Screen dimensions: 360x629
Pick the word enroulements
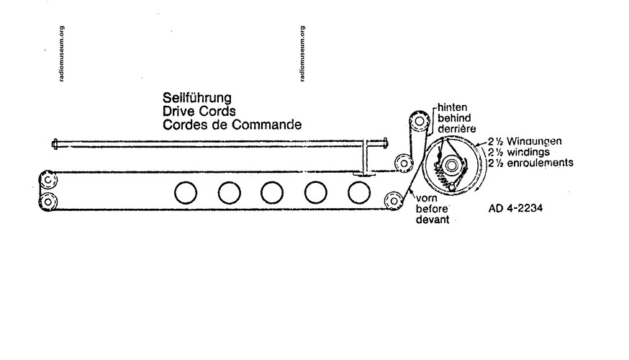coord(538,163)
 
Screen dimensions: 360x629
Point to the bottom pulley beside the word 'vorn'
coord(394,200)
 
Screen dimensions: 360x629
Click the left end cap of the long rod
coord(55,144)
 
